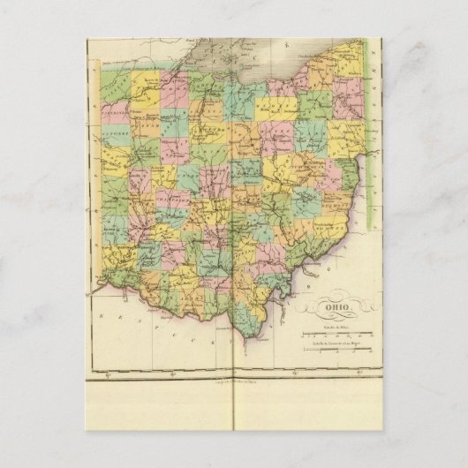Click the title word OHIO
[x=337, y=308]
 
